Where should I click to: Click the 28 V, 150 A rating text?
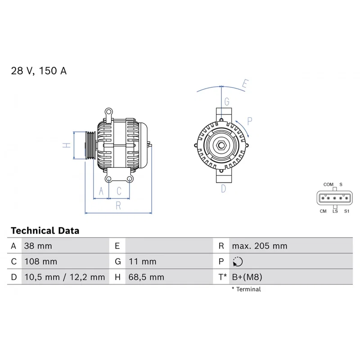(x=39, y=71)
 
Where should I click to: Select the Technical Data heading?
(x=45, y=230)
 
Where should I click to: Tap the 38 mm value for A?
(x=38, y=246)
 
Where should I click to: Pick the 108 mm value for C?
(x=40, y=261)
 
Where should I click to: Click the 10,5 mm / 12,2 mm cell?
(x=64, y=277)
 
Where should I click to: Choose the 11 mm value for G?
(x=142, y=261)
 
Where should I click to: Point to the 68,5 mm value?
(x=146, y=277)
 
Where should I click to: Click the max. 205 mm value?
(x=260, y=246)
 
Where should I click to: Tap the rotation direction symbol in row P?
(x=238, y=261)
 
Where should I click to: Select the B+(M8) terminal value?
(x=247, y=277)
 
